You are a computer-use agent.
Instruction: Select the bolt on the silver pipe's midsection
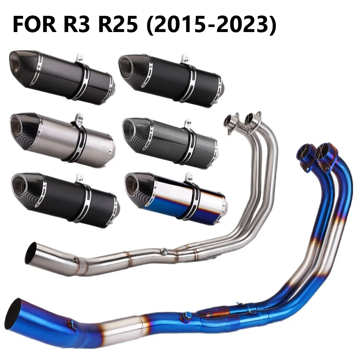click(x=164, y=251)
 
